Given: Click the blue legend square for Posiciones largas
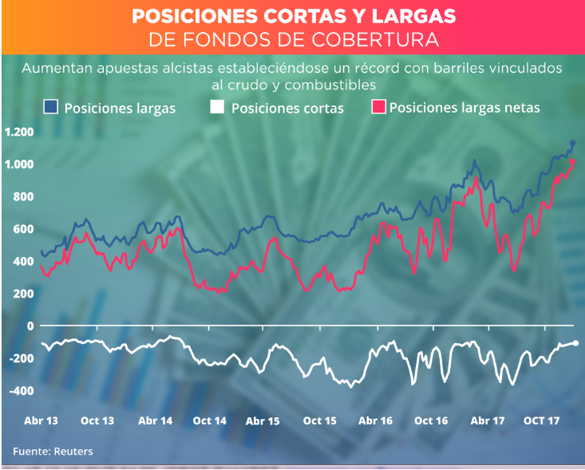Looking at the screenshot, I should pos(52,107).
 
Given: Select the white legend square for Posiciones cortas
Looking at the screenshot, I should pos(217,107).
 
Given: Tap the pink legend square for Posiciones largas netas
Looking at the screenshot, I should pos(379,107).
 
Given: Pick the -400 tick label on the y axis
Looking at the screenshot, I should pos(21,391).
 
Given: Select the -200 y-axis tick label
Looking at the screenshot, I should pos(21,358).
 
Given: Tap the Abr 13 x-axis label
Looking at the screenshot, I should pos(42,420).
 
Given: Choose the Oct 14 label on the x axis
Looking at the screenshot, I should pos(209,420).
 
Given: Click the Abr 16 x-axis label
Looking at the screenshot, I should pos(375,420).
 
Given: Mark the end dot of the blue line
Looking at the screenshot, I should pos(573,144).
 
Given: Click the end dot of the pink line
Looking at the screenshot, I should pos(572,162).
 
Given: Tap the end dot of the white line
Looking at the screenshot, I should pos(576,343).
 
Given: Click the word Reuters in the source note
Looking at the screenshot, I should pos(73,452).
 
